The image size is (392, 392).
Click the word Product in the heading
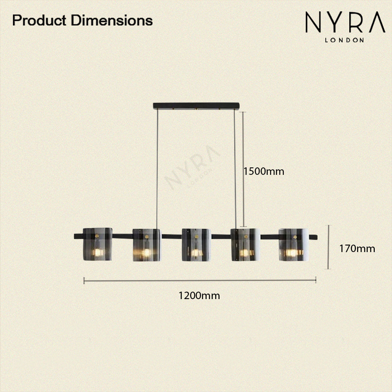39,20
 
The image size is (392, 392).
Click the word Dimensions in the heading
112,20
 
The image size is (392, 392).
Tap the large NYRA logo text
345,22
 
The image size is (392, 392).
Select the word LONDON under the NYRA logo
344,40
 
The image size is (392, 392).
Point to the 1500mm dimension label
264,172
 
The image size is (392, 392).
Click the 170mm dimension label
357,249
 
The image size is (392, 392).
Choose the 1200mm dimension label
199,296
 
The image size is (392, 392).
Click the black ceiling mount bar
196,106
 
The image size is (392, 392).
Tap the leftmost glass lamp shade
98,244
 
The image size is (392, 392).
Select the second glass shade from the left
147,245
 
